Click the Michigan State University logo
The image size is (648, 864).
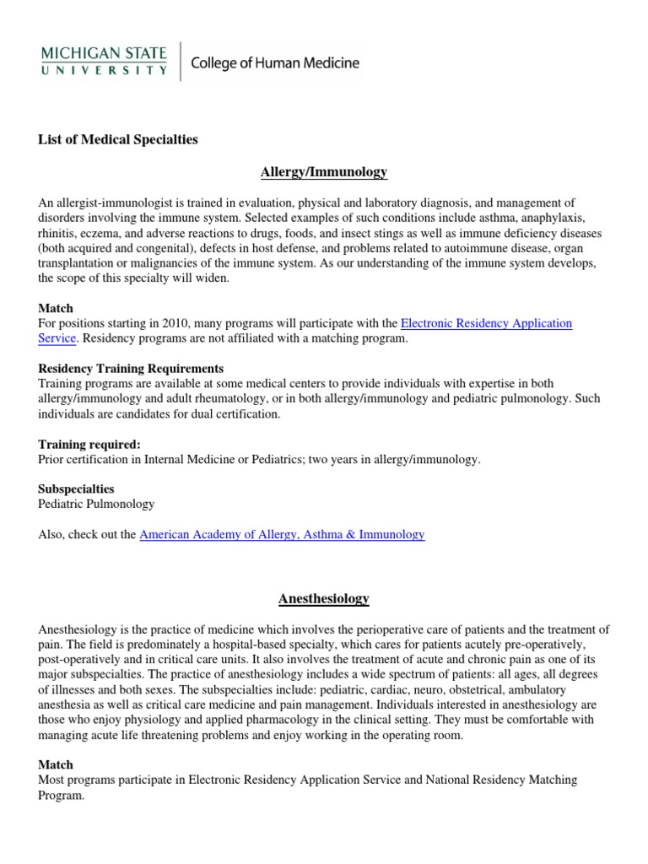tap(104, 62)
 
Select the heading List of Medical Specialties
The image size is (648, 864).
tap(118, 139)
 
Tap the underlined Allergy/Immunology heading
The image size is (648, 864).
tap(324, 172)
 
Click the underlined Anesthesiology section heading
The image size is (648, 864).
tap(324, 598)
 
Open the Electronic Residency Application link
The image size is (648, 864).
tap(486, 323)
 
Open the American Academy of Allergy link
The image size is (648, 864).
tap(282, 534)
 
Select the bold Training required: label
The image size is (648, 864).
tap(89, 444)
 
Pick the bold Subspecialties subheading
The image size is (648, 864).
tap(76, 489)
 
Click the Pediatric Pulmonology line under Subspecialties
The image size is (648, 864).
tap(96, 504)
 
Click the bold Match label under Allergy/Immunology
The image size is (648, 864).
tap(56, 309)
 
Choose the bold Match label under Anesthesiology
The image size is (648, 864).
tap(56, 764)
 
